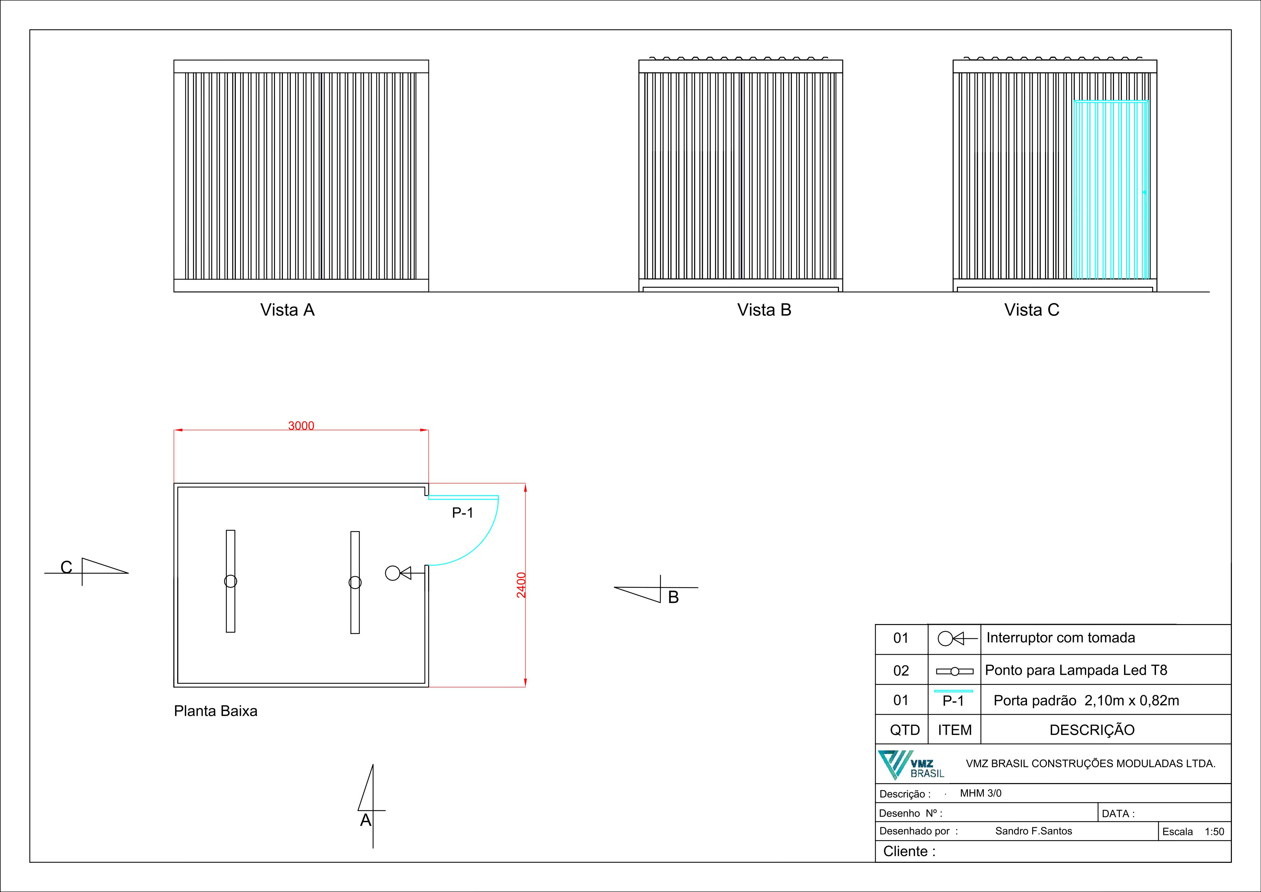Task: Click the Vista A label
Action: (x=287, y=310)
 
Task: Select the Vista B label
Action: (x=764, y=310)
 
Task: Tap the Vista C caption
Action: (x=1031, y=310)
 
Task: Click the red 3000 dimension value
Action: (x=301, y=426)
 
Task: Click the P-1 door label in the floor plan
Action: (x=462, y=513)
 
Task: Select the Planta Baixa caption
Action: (x=215, y=711)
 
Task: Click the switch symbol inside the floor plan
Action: (x=398, y=573)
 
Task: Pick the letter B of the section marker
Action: (x=673, y=597)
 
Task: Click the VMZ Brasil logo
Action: (x=911, y=764)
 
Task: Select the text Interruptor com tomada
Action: (x=1060, y=638)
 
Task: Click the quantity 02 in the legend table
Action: (x=901, y=670)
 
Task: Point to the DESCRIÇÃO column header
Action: (x=1092, y=730)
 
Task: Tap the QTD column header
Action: (x=904, y=730)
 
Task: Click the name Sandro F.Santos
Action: (x=1033, y=831)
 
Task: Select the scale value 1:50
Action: (x=1214, y=832)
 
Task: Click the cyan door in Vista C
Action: (x=1110, y=190)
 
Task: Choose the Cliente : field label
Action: (x=909, y=851)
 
